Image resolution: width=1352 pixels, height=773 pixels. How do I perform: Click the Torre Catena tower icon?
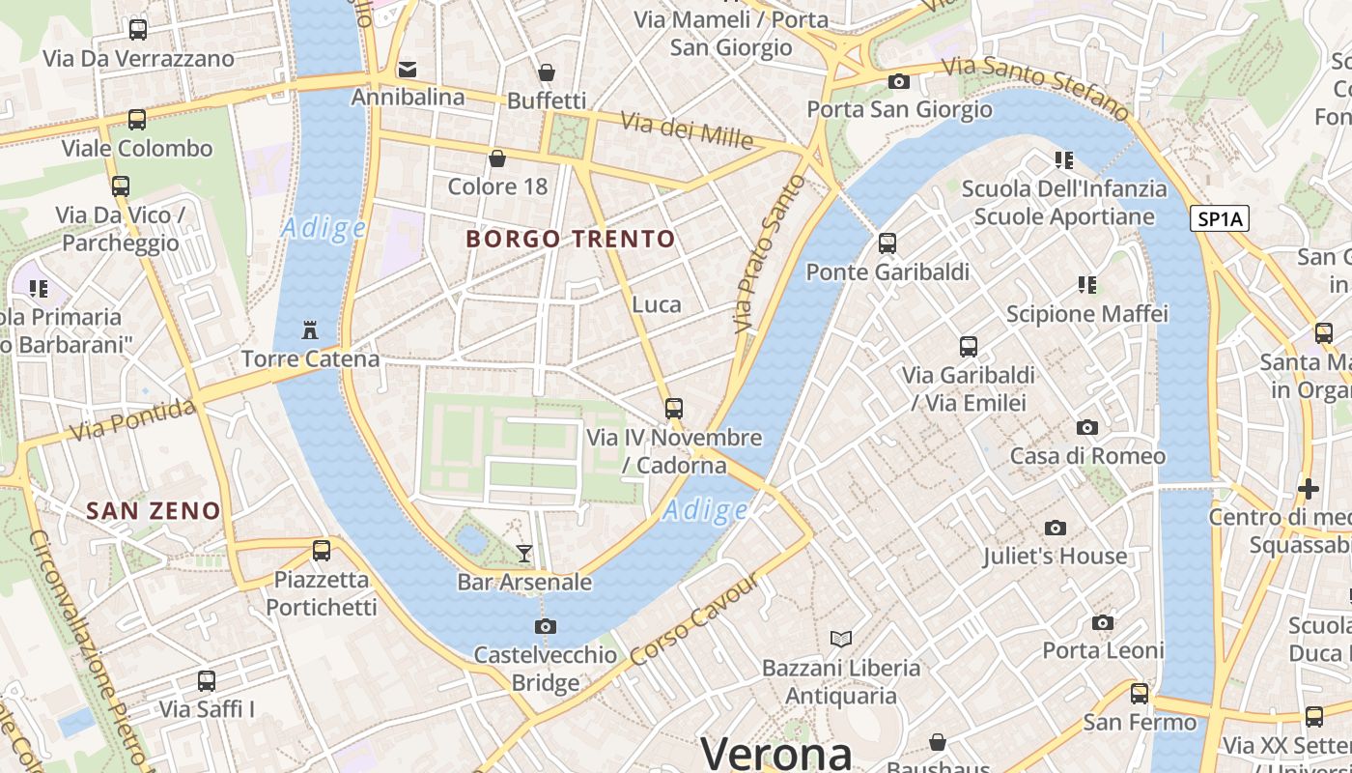[x=309, y=330]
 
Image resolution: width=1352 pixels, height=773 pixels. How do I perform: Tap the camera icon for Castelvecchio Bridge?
[x=546, y=626]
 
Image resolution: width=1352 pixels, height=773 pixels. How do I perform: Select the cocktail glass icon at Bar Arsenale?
[x=523, y=554]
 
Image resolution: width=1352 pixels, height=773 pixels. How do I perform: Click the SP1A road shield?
[x=1221, y=219]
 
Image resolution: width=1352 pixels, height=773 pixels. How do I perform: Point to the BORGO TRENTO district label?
[x=570, y=239]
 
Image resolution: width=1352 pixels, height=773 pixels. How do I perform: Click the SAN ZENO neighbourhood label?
[x=154, y=511]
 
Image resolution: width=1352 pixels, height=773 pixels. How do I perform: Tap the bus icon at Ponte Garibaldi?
[x=887, y=243]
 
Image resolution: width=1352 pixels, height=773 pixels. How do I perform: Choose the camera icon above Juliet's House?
[x=1056, y=528]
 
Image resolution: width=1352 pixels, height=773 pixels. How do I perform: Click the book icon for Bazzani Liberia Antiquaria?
[x=841, y=639]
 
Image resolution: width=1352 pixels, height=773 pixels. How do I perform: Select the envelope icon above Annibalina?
[x=408, y=69]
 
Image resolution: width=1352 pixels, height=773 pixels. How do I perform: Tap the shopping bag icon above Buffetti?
[x=547, y=72]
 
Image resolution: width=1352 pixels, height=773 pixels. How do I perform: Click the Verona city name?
[x=776, y=753]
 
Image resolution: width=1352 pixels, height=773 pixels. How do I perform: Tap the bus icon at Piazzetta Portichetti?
[x=322, y=551]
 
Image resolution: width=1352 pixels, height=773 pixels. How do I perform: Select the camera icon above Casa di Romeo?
[x=1087, y=427]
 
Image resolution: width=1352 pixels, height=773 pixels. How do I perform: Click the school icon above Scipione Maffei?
[x=1087, y=285]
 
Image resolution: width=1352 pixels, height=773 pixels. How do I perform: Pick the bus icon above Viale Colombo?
[x=137, y=120]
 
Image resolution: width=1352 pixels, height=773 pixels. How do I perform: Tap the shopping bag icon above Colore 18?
[x=497, y=158]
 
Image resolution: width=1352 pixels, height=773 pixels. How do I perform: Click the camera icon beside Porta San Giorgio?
[x=899, y=81]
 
